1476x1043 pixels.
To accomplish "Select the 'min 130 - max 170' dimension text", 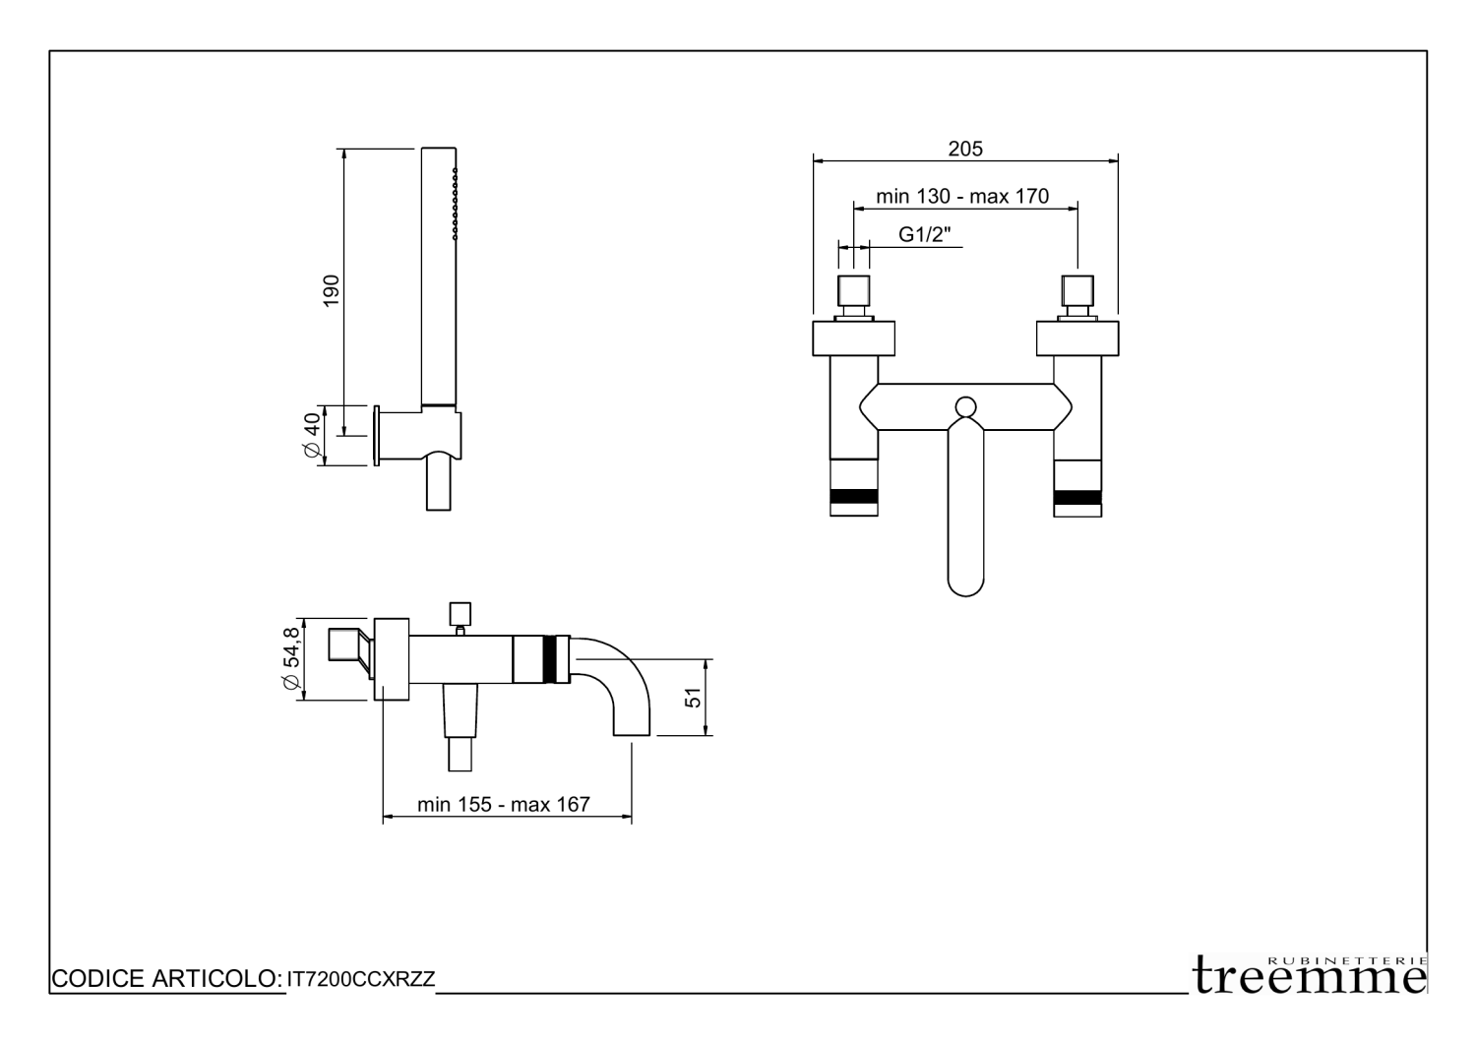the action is [962, 197].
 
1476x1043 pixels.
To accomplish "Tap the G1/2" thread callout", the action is [925, 234].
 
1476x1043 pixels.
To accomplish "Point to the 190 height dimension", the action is [331, 290].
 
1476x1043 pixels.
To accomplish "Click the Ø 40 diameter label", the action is [312, 435].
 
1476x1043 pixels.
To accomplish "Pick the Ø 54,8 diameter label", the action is [291, 658].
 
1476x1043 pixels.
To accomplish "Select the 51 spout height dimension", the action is [693, 698].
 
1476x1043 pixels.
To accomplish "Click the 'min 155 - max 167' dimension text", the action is [504, 804].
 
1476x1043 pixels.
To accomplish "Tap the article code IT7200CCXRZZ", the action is [361, 979].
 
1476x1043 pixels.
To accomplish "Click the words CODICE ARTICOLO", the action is [166, 978].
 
